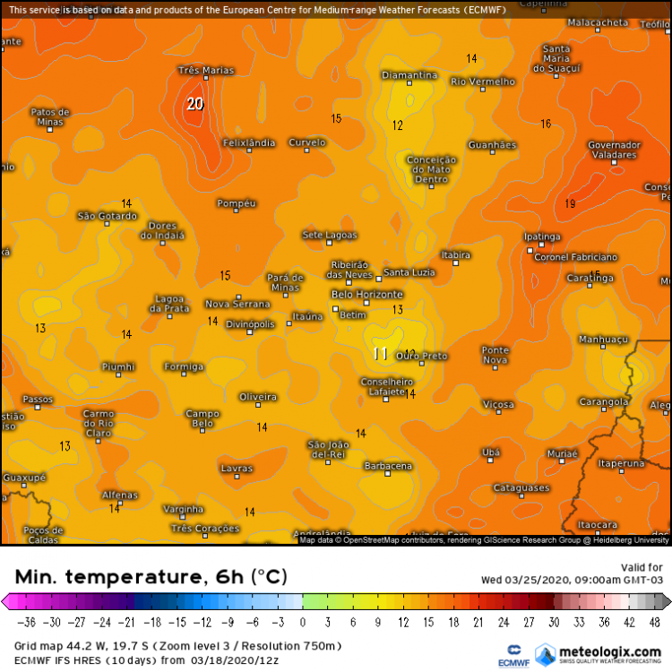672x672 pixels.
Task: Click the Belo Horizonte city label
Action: [367, 294]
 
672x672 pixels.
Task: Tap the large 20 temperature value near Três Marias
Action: [194, 104]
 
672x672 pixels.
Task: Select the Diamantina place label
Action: [409, 75]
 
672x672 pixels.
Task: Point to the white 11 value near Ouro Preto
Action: [380, 354]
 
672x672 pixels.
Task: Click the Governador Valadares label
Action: [614, 150]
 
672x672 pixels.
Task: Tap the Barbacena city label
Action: [388, 466]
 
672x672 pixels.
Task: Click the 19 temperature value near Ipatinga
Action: [570, 204]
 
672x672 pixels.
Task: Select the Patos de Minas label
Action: [49, 116]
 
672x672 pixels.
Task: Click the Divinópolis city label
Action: [250, 323]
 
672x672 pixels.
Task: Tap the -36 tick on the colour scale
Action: [29, 621]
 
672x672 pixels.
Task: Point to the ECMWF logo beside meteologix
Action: [514, 653]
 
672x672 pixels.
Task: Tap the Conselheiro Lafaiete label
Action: [386, 387]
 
